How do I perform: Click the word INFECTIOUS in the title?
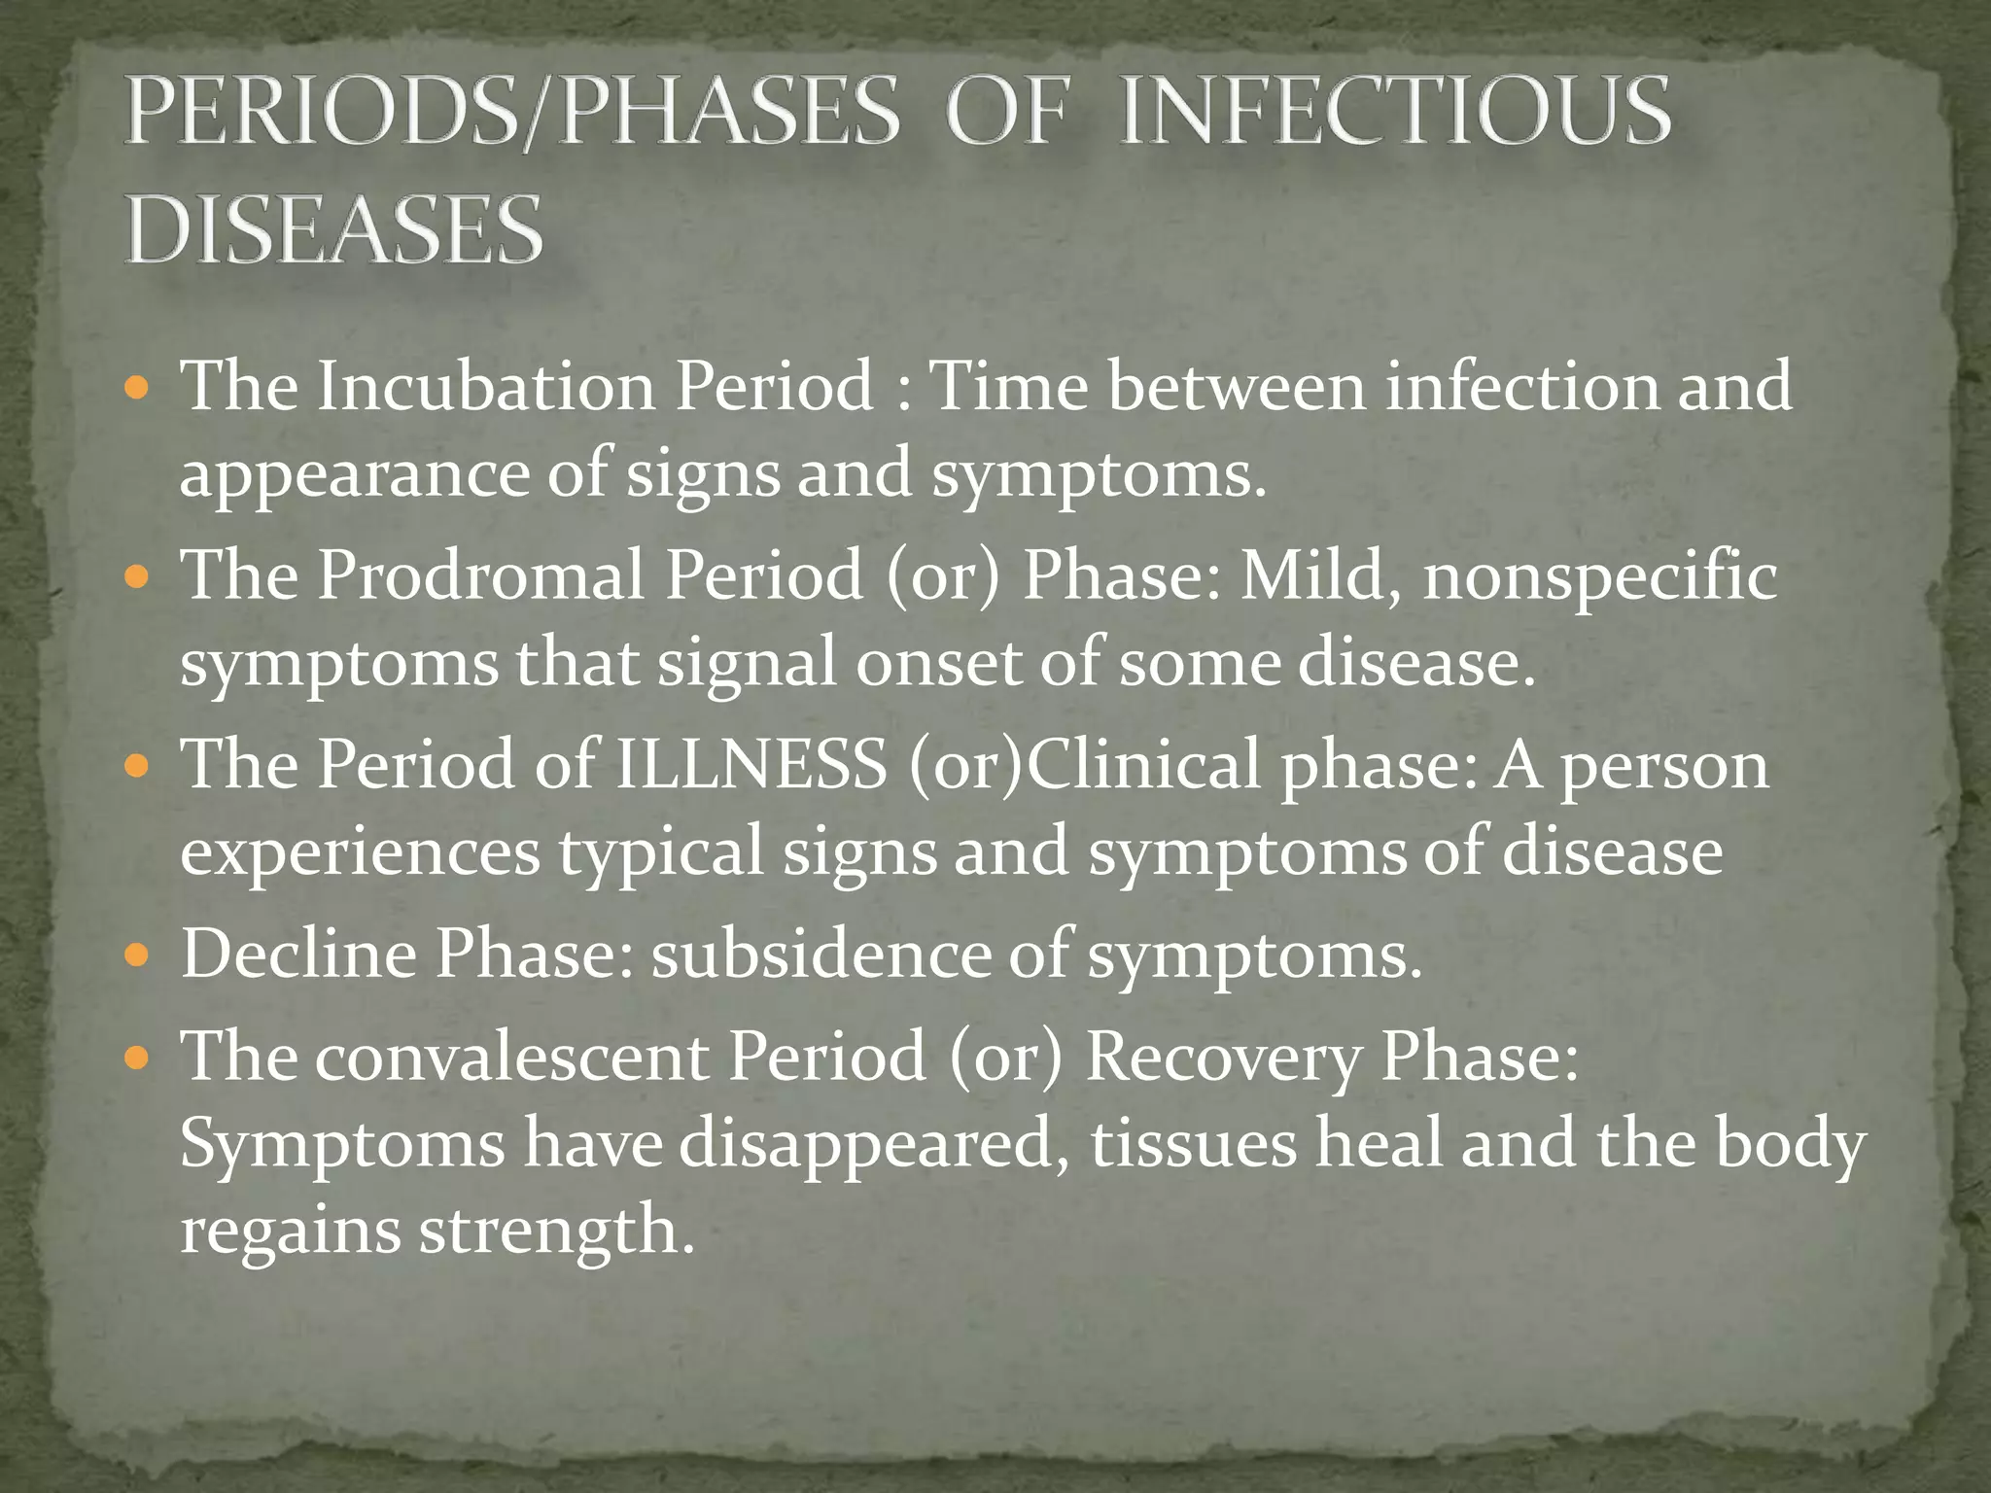pos(1395,112)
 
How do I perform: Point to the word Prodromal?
pos(481,574)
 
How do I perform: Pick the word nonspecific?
pos(1600,574)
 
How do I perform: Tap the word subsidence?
pos(820,954)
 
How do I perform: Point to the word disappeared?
pos(866,1144)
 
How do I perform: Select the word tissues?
pos(1193,1144)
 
